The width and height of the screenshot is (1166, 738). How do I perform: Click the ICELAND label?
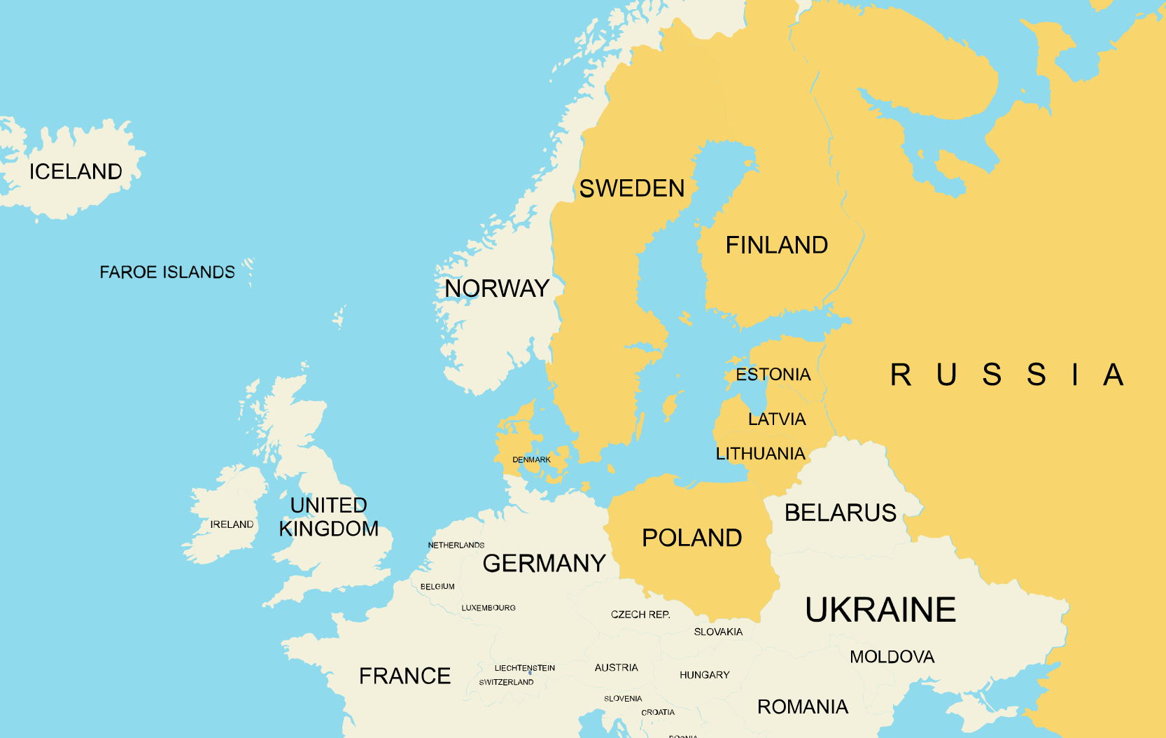pos(76,172)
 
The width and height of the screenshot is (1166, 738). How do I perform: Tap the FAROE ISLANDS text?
pos(167,272)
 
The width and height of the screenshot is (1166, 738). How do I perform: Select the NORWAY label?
pos(496,288)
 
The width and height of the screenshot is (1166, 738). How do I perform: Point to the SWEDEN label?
pos(631,188)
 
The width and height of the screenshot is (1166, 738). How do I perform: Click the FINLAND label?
pos(776,245)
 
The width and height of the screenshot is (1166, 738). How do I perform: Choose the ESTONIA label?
pos(773,375)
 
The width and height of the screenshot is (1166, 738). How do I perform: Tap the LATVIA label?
pos(777,419)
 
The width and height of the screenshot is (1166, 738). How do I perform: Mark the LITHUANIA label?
pos(760,454)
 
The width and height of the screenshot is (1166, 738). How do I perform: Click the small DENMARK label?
pos(531,460)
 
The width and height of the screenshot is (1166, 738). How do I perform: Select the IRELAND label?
pos(232,524)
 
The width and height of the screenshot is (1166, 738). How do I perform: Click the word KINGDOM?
pos(329,529)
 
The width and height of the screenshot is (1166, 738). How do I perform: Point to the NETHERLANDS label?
pos(456,545)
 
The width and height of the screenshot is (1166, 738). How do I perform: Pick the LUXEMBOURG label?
pos(488,608)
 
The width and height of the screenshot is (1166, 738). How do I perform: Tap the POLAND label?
pos(691,538)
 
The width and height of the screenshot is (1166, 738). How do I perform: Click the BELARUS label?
pos(840,513)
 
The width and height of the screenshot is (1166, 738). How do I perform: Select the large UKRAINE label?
pos(880,609)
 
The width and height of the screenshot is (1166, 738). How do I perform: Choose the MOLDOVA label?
pos(892,657)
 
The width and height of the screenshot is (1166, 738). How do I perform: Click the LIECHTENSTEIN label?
pos(524,668)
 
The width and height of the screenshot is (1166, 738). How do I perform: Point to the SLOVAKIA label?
pos(718,632)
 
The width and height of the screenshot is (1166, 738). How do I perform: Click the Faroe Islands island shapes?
pos(248,270)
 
